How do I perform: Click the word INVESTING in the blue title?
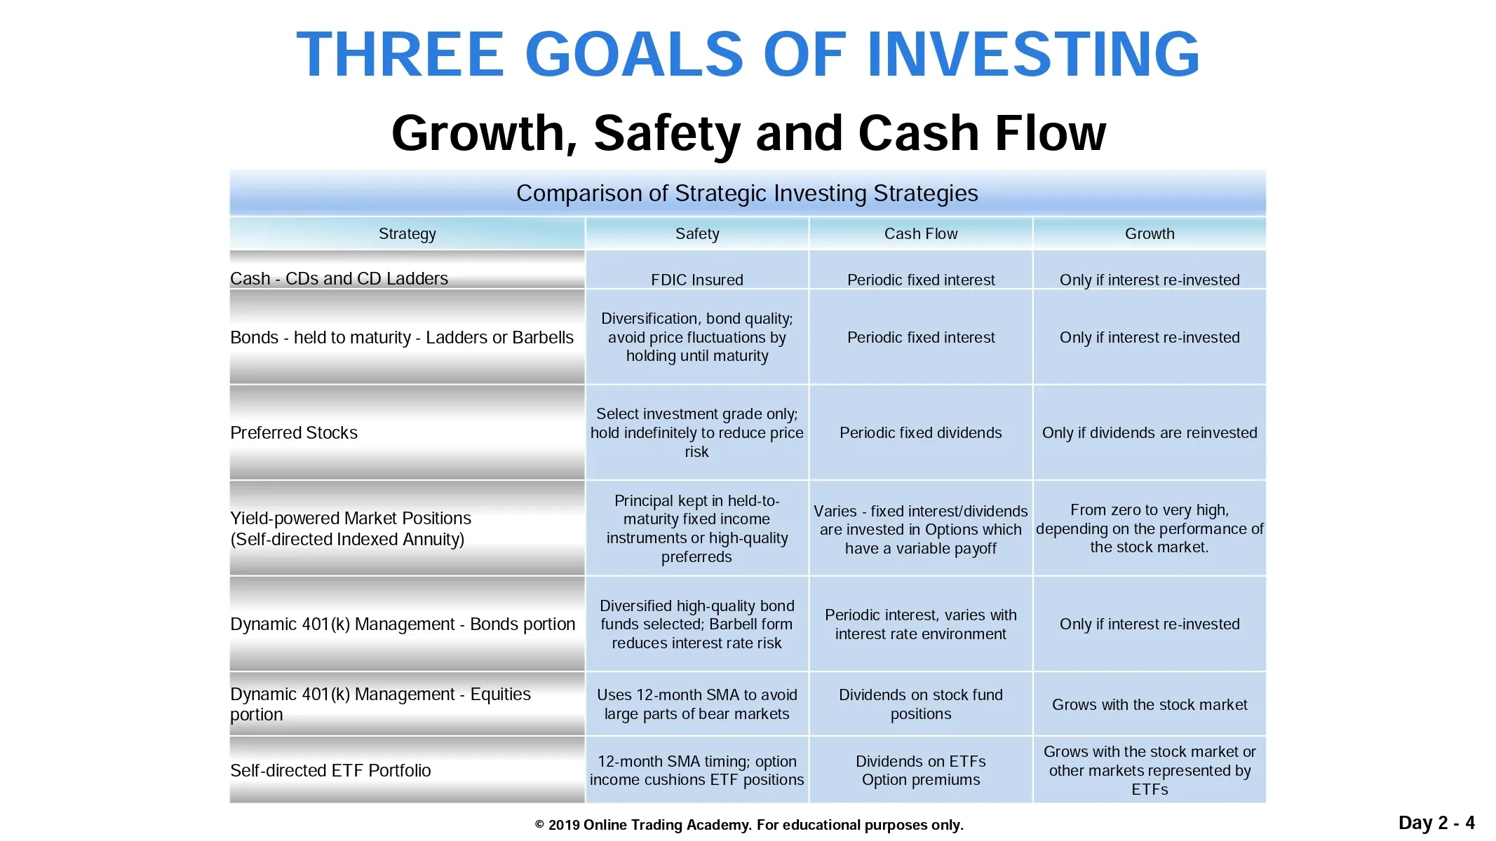click(1033, 54)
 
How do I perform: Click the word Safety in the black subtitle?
click(667, 134)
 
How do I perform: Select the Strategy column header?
click(407, 234)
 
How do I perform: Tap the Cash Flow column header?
click(921, 234)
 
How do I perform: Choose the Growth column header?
click(1150, 234)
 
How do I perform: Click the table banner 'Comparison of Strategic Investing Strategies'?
click(747, 193)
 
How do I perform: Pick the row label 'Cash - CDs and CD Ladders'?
click(339, 278)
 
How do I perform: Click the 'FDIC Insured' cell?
click(697, 280)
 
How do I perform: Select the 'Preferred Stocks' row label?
click(294, 432)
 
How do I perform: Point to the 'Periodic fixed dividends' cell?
click(921, 432)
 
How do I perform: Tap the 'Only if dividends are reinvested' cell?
click(1150, 432)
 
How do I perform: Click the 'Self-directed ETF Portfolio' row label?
click(330, 770)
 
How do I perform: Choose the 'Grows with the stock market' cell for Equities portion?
click(1150, 704)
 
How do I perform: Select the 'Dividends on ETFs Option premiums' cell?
click(921, 770)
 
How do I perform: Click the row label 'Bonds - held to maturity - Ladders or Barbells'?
click(402, 337)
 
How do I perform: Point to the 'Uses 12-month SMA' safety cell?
click(697, 704)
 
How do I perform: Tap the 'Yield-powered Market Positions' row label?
click(351, 528)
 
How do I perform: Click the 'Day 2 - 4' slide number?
click(1436, 822)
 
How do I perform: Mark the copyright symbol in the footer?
click(540, 825)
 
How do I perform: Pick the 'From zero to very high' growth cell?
click(1150, 528)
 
